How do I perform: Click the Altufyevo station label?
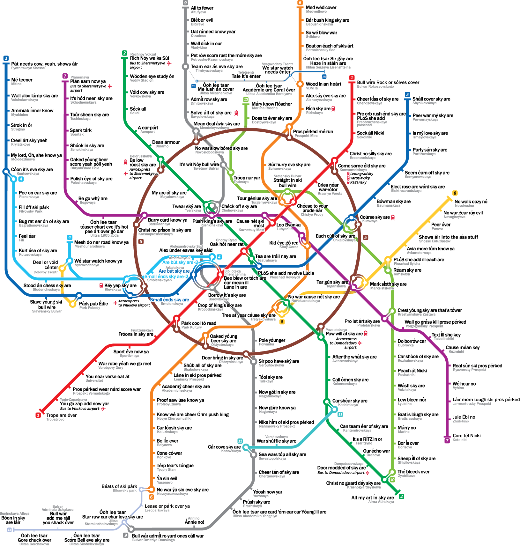(198, 12)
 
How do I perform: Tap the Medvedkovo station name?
(316, 11)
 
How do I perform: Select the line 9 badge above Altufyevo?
(185, 3)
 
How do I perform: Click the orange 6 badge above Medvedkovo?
(300, 3)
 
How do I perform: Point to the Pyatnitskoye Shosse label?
(28, 68)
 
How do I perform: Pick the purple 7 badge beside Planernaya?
(65, 76)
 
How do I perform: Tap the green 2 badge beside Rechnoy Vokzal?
(124, 53)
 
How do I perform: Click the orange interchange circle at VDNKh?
(300, 84)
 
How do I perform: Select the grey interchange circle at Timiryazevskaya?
(185, 67)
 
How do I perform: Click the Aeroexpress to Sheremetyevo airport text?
(143, 173)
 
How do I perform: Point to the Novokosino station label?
(464, 206)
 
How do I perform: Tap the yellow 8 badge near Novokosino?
(455, 193)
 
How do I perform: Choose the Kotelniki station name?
(460, 440)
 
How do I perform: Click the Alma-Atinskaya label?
(381, 502)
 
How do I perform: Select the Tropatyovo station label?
(55, 419)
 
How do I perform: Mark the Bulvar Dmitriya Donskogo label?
(153, 540)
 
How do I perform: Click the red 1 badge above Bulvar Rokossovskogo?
(352, 78)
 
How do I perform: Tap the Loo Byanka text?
(288, 225)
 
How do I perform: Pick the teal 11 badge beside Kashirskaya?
(340, 415)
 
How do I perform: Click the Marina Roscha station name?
(265, 108)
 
